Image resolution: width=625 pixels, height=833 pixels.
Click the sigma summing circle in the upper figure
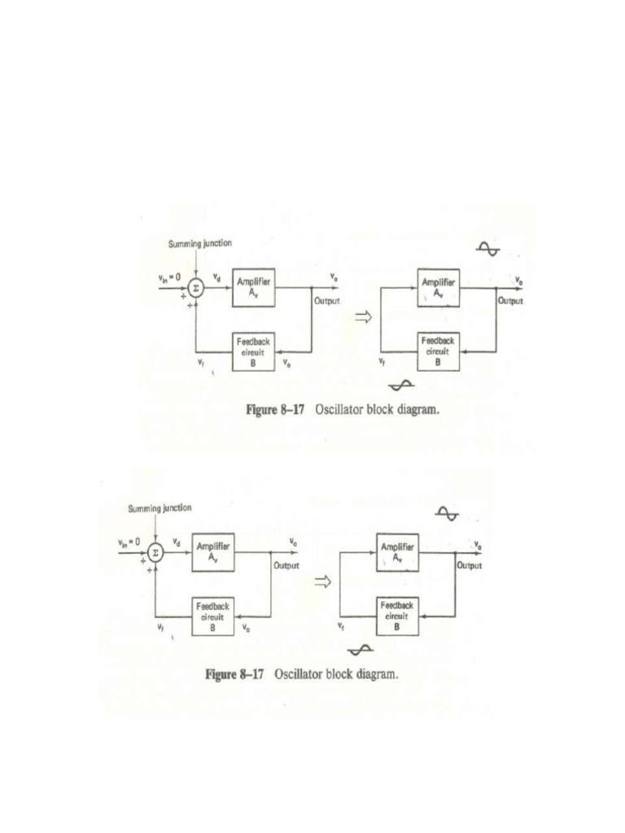(195, 288)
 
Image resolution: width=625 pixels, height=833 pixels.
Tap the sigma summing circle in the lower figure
(155, 552)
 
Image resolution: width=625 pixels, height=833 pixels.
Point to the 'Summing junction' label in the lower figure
(160, 508)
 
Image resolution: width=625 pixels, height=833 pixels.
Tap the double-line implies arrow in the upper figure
(362, 318)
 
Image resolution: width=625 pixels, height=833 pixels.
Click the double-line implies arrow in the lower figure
(322, 582)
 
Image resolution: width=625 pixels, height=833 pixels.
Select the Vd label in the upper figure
(216, 277)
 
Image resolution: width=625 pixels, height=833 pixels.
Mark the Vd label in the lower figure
(177, 542)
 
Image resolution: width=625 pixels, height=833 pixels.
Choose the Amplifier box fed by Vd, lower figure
(213, 552)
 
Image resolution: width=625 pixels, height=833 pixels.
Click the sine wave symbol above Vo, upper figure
(489, 249)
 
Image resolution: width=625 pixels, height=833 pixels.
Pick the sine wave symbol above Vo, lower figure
(448, 513)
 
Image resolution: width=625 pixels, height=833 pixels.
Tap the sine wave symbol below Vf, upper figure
(402, 385)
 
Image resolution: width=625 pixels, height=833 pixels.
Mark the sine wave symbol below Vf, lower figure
(361, 649)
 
